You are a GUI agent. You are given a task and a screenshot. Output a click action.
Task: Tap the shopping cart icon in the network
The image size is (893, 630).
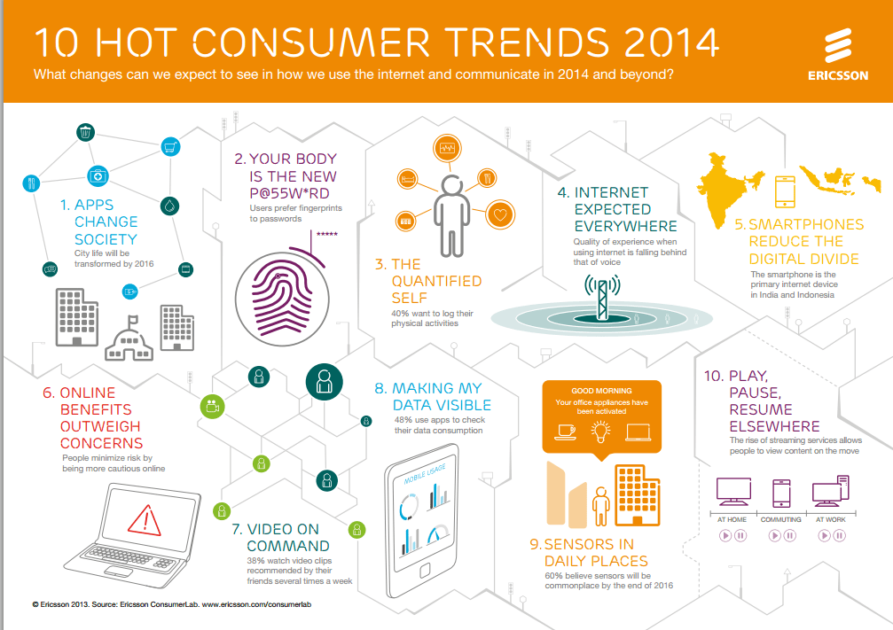click(170, 146)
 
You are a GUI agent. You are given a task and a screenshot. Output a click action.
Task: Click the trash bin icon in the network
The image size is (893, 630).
click(85, 133)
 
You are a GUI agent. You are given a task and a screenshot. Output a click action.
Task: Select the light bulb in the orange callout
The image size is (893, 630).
click(600, 432)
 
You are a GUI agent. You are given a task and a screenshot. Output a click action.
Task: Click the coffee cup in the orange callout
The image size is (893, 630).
click(563, 432)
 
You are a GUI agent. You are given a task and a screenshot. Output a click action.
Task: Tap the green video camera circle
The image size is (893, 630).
click(213, 407)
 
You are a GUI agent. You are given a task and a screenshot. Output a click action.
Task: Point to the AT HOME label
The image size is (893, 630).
click(732, 519)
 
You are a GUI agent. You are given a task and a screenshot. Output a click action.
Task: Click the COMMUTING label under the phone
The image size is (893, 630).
click(781, 519)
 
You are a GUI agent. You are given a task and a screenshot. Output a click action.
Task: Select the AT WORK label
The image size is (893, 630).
click(832, 519)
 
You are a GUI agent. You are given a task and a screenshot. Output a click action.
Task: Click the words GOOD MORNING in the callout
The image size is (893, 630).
click(601, 390)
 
